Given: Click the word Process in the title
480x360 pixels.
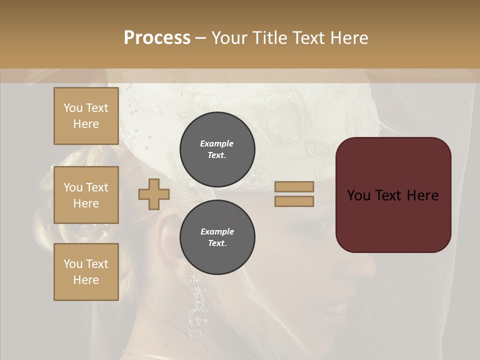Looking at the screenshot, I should pos(157,38).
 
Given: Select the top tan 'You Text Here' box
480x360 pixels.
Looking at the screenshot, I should pos(86,116).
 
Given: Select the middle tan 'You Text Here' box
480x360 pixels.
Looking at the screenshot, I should pos(86,195).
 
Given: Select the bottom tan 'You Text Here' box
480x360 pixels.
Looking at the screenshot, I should pos(86,272).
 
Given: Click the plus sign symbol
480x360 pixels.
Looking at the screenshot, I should pos(154,194).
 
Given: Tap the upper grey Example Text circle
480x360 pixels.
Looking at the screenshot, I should pos(217,149).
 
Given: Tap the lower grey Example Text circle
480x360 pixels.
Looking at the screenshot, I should pos(217,237).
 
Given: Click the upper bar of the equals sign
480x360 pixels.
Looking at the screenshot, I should pos(294,186).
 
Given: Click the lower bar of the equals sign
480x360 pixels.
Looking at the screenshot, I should pos(294,201).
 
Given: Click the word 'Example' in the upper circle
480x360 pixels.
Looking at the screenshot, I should pos(217,143).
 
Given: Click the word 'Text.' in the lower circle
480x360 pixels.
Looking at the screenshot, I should pos(217,243).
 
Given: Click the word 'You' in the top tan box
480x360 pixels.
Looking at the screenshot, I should pos(72,108).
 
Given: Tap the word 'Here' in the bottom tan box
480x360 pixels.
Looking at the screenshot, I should pos(86,280).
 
